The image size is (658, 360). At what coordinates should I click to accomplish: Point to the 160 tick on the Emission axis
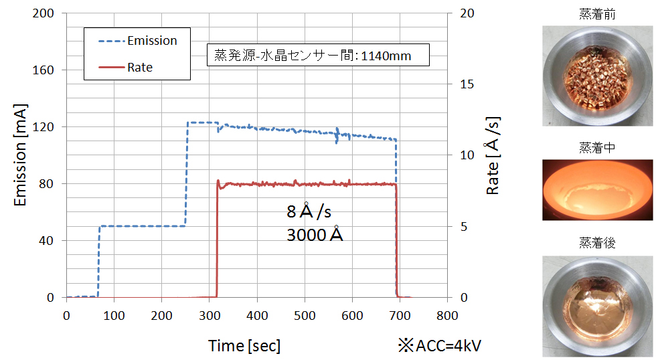point(44,70)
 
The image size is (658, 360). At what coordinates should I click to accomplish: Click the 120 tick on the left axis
point(44,127)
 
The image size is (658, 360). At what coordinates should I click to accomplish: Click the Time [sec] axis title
point(244,345)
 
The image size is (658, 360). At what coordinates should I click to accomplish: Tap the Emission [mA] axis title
point(19,156)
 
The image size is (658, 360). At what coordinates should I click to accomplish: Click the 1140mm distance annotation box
point(318,56)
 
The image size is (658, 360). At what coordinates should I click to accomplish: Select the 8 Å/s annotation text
point(309,212)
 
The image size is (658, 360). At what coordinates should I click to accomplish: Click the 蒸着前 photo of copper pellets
point(598,76)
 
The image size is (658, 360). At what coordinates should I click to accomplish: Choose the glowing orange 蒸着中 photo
point(598,189)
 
